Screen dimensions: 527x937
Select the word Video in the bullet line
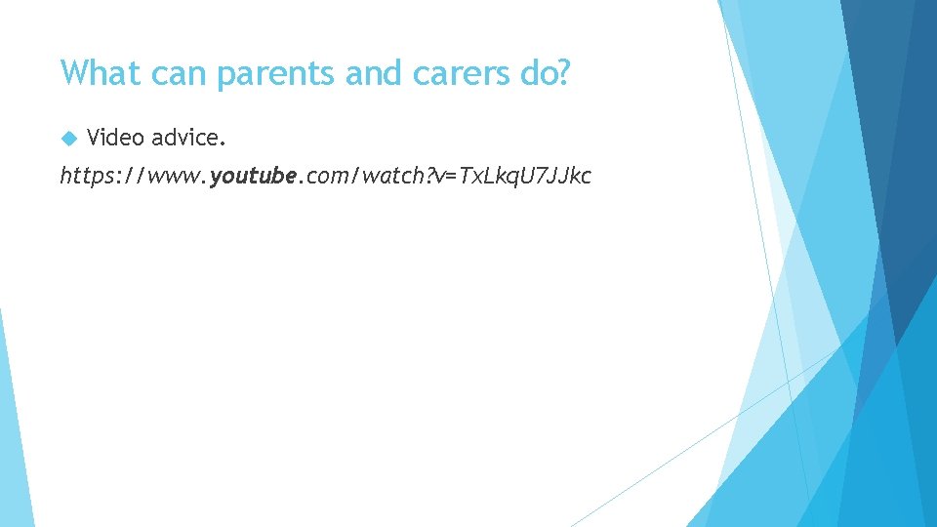click(x=114, y=138)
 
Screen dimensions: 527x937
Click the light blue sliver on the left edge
click(x=12, y=429)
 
